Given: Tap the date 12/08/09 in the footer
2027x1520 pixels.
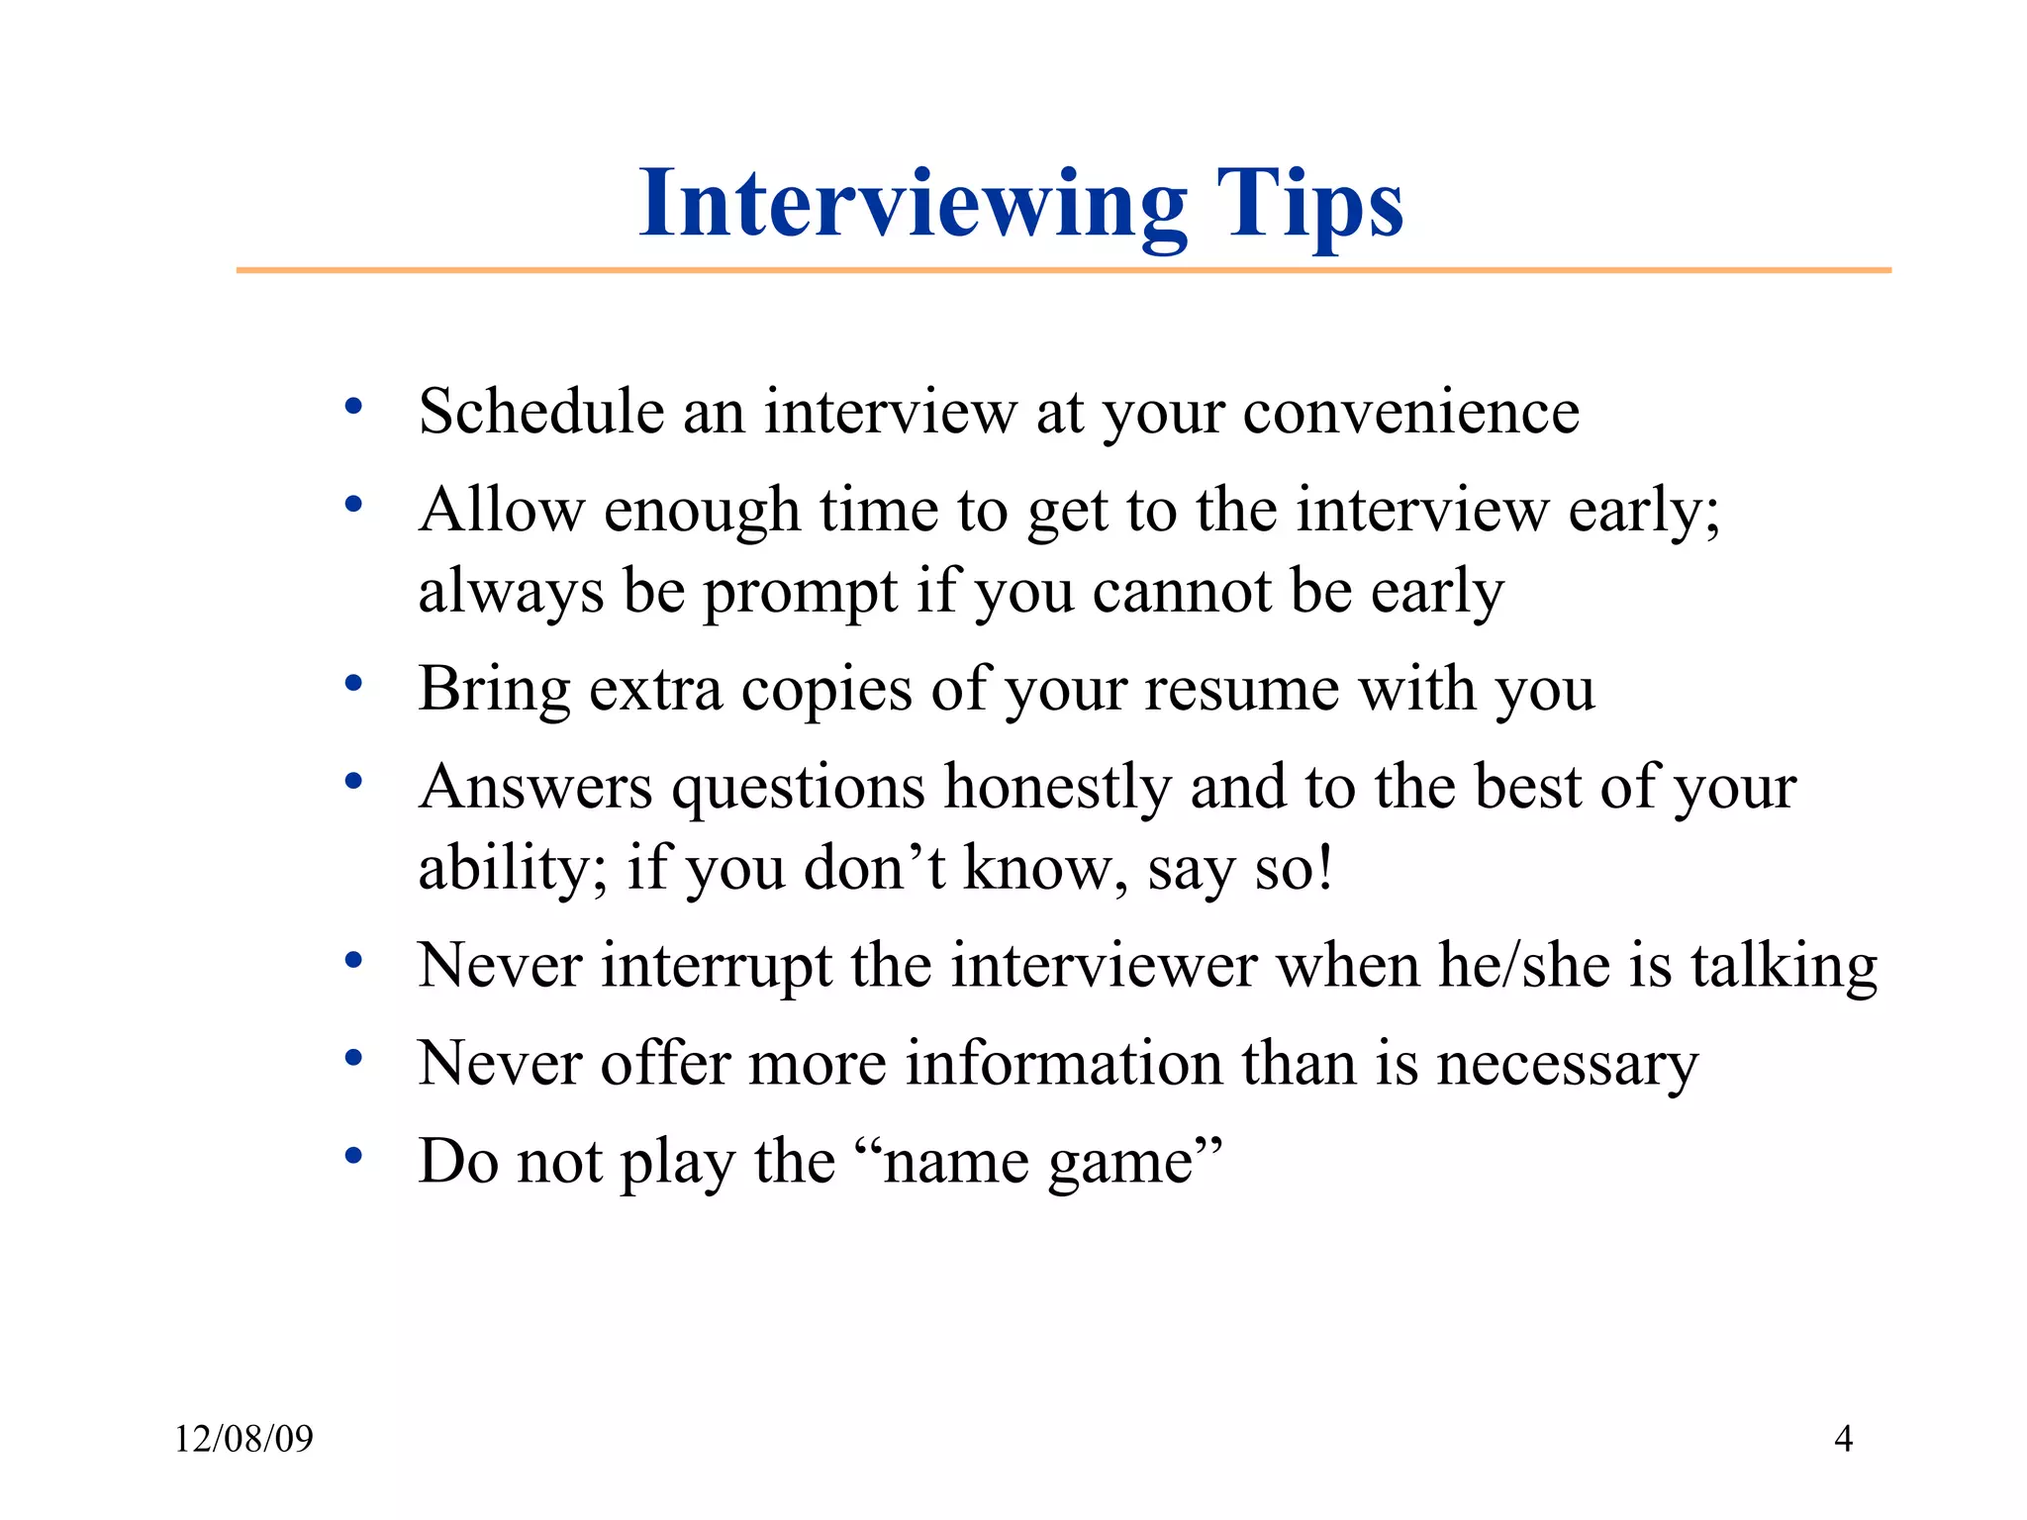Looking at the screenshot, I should coord(243,1439).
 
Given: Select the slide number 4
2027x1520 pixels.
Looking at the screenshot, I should coord(1843,1439).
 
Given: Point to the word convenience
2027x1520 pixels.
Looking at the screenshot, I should coord(1410,413).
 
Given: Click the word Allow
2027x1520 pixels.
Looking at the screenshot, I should coord(501,511).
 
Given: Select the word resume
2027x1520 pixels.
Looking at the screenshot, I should coord(1241,689).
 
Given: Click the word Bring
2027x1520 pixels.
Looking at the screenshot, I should coord(494,691).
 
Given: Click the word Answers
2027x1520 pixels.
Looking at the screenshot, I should coord(535,789).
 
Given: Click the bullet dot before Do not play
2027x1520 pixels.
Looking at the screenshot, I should coord(353,1156).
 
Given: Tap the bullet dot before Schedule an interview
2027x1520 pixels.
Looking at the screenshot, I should coord(353,406).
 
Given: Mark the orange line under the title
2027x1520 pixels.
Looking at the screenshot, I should coord(1063,270).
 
